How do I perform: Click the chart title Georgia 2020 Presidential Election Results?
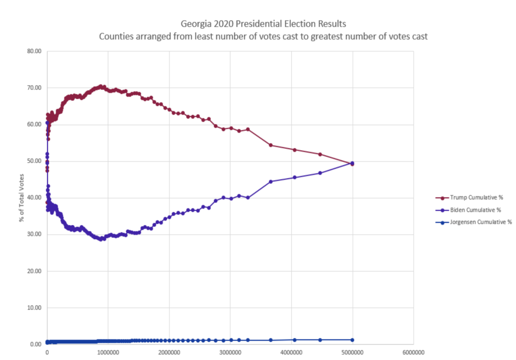pos(263,24)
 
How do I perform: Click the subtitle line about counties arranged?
pos(263,36)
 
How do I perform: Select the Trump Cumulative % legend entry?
pos(469,198)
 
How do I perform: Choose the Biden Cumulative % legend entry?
pos(468,210)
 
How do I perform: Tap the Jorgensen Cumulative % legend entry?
pos(473,222)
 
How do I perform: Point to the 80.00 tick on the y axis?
pos(34,51)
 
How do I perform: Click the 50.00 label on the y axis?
pos(34,161)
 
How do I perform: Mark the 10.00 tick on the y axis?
pos(34,308)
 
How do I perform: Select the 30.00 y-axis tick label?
pos(34,234)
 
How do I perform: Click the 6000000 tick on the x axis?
pos(414,353)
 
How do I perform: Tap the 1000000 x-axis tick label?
pos(108,353)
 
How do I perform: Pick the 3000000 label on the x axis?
pos(230,353)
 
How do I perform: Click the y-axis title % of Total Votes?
pos(21,198)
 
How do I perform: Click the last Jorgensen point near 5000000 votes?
pos(352,340)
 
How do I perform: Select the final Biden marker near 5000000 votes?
pos(352,163)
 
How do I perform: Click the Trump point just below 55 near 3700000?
pos(271,145)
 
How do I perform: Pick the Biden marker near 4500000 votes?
pos(320,173)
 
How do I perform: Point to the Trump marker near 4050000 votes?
pos(295,150)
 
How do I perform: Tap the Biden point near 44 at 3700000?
pos(271,181)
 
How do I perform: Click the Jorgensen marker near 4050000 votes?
pos(295,340)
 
